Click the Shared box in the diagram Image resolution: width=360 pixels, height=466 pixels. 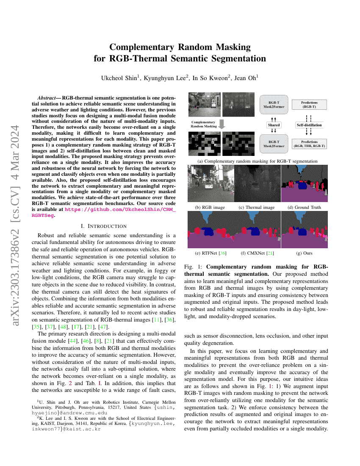[274, 125]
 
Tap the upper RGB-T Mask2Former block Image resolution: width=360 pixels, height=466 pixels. [274, 104]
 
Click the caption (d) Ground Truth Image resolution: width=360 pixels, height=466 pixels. [304, 207]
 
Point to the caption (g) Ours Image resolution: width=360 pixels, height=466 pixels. [305, 253]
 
